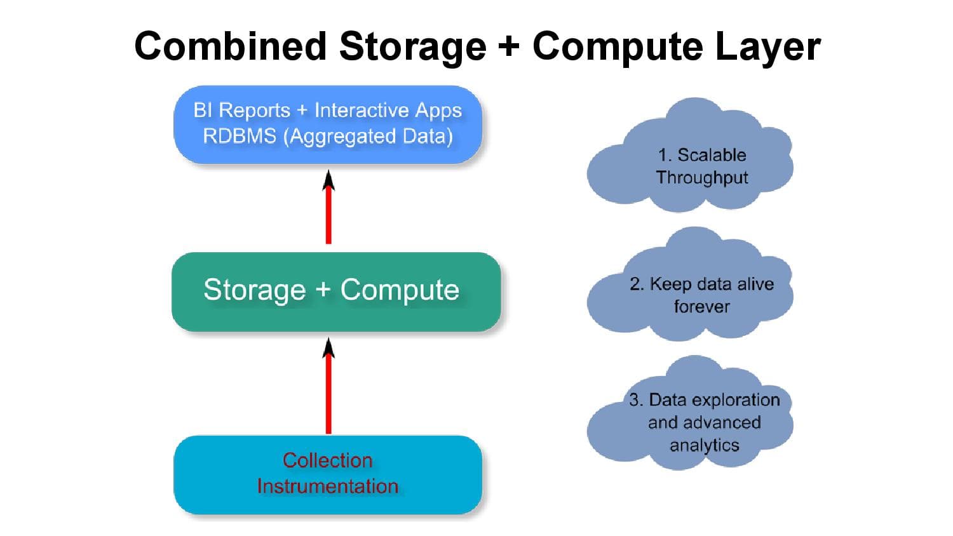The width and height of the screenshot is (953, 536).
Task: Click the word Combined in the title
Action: point(230,46)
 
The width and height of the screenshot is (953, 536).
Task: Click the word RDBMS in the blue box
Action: point(239,136)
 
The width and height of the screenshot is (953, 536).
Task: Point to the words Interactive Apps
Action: point(388,110)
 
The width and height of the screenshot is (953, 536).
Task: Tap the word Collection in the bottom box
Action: point(327,460)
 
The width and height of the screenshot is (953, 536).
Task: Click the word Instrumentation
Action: point(327,486)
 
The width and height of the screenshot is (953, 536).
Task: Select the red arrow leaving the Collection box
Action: point(328,394)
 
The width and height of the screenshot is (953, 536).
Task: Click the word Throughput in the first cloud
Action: point(702,177)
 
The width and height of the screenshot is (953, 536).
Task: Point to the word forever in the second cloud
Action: point(701,306)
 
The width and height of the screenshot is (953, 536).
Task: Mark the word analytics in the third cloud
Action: point(704,445)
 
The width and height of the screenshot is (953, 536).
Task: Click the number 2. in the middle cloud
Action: point(637,284)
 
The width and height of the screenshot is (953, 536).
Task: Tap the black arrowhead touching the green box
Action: point(328,347)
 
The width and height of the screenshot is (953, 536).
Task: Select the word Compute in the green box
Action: point(400,290)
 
